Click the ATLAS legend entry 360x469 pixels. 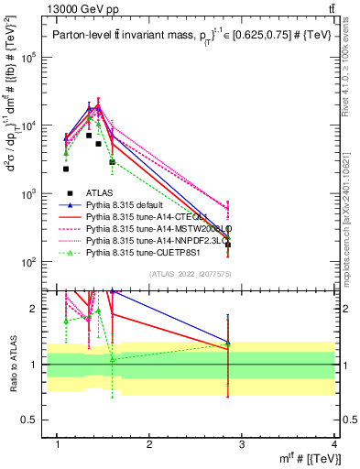(x=101, y=193)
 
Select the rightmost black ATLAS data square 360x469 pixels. (x=228, y=245)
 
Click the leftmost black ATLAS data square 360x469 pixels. (x=66, y=169)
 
